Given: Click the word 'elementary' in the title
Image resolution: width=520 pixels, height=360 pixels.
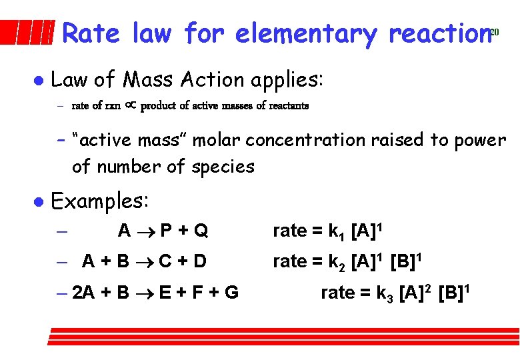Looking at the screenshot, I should [x=305, y=33].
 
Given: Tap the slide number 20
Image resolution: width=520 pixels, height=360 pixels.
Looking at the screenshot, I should [x=495, y=32].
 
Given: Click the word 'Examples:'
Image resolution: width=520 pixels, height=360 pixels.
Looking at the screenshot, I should [x=101, y=200].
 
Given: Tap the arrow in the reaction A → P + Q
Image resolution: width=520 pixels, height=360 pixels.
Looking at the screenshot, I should [x=147, y=232].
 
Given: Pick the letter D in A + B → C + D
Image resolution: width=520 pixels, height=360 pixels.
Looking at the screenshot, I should [x=199, y=261].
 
